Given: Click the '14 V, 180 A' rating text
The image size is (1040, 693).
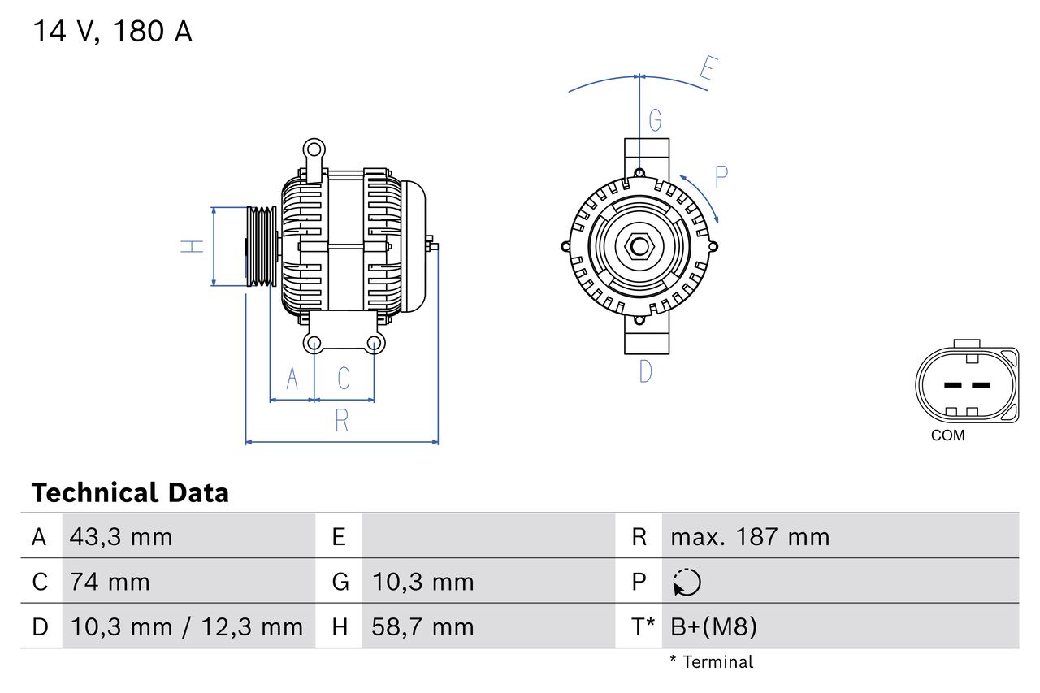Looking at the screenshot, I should [112, 32].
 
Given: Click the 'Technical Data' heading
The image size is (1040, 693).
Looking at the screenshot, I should [130, 492].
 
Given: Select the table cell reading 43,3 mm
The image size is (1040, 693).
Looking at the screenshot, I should [121, 537].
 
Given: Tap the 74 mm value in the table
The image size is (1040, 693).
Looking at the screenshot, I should [110, 582].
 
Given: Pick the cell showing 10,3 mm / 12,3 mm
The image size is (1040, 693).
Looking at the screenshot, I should [187, 626].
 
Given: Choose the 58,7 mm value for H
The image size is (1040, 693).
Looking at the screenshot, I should [422, 626].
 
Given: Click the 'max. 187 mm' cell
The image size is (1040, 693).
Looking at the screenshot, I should [750, 537].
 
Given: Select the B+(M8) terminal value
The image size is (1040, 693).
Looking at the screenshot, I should [713, 626].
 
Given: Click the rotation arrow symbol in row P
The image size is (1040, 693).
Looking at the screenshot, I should [687, 583].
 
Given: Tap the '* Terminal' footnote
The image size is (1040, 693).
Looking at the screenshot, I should [711, 662].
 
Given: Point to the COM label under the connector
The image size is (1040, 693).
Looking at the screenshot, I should [947, 435].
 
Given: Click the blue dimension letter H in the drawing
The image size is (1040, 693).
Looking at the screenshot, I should [193, 246].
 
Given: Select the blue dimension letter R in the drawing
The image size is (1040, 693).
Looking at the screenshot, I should [341, 421].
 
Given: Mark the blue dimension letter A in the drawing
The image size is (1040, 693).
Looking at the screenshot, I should [292, 378].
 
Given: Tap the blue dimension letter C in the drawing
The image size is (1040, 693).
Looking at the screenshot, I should [344, 378].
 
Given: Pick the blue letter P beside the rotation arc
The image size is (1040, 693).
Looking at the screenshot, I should [720, 176].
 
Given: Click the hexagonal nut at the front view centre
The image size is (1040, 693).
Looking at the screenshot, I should [639, 246].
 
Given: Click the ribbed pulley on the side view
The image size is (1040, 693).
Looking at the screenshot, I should [262, 246].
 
